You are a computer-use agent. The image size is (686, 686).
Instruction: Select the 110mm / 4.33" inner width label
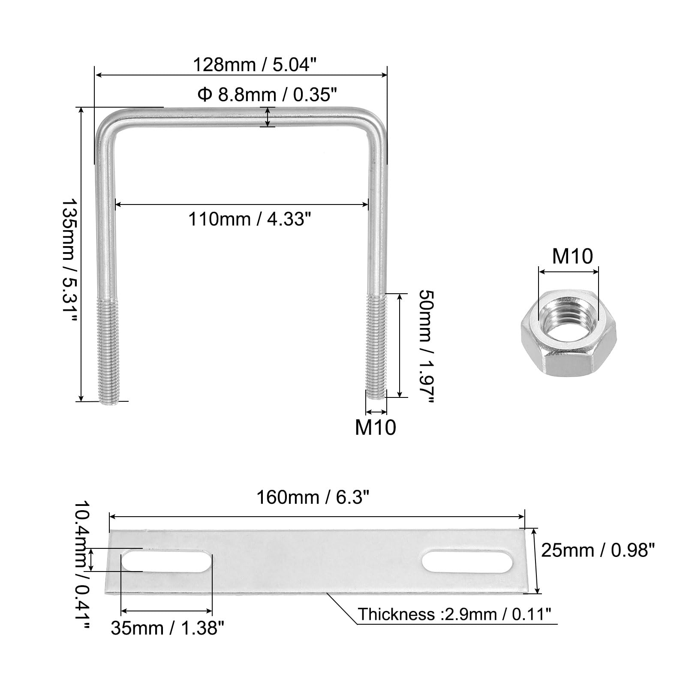[250, 219]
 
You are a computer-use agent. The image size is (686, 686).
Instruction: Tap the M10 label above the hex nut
[572, 256]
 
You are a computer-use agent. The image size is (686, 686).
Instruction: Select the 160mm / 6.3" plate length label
[313, 497]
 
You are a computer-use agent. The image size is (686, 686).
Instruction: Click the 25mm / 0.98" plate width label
[598, 550]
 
